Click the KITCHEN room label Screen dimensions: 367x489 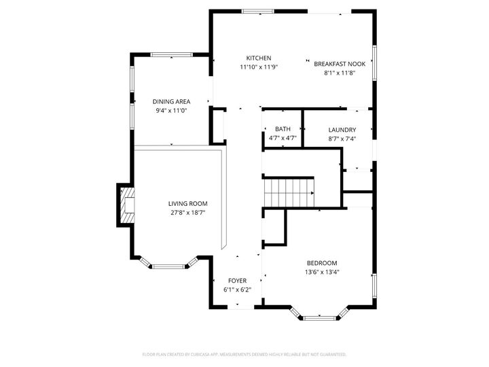point(259,58)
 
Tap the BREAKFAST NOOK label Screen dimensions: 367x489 point(340,64)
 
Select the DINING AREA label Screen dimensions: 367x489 point(171,101)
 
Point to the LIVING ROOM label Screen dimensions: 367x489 point(188,203)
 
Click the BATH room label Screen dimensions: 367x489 point(283,129)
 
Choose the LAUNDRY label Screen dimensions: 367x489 point(342,130)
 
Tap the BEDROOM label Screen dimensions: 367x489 point(322,263)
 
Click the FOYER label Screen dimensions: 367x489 point(237,281)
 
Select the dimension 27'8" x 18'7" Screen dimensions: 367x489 point(188,212)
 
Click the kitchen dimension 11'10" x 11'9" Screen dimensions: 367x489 point(259,67)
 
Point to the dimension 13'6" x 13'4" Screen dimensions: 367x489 point(322,272)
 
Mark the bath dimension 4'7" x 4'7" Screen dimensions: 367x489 point(283,138)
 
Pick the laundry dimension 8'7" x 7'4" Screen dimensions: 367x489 point(342,139)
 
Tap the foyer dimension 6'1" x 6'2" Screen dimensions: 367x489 point(237,290)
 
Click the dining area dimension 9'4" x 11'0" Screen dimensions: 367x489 point(171,110)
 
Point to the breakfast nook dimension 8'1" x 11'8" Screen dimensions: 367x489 point(340,73)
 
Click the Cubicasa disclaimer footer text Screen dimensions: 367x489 point(244,354)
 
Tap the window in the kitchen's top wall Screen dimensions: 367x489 point(259,12)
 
